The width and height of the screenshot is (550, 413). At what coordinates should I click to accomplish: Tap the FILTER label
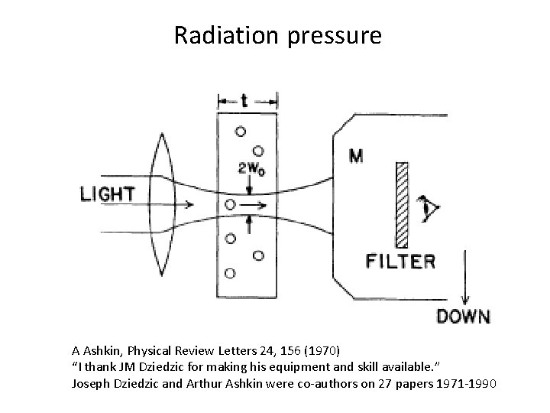(401, 262)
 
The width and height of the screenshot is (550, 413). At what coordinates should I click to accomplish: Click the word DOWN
(463, 315)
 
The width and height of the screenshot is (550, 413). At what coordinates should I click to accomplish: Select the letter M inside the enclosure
(355, 156)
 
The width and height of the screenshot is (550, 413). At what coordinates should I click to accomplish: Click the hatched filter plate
(403, 200)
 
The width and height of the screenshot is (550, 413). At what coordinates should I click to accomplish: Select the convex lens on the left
(161, 203)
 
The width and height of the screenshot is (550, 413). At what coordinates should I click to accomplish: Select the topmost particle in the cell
(241, 131)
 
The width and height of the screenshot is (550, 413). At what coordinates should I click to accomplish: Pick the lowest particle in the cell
(230, 273)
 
